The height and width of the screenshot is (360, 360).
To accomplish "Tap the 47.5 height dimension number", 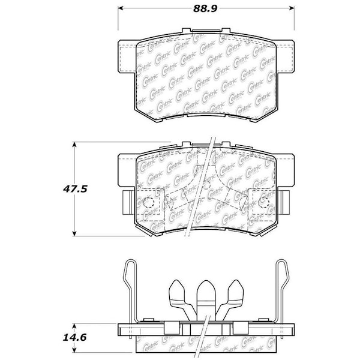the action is (77, 188).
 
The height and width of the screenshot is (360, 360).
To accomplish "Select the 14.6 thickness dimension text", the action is (77, 338).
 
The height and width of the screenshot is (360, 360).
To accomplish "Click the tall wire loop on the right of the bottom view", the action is (283, 288).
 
